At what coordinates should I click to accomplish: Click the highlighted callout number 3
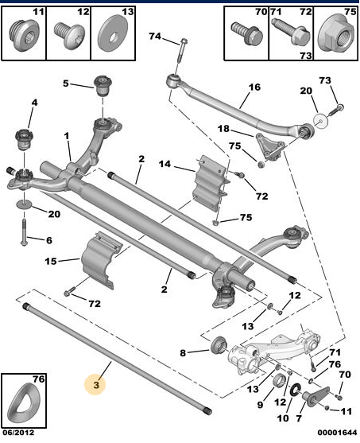96,384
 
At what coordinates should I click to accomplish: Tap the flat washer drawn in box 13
113,35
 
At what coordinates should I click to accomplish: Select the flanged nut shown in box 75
335,35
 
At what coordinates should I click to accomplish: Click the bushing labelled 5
103,85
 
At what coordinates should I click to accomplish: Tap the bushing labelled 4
24,139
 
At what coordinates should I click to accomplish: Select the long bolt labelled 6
24,231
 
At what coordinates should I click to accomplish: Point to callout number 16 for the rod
254,87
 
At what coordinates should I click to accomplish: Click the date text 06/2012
18,433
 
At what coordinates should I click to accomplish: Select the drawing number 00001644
337,433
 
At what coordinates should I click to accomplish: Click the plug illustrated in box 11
23,35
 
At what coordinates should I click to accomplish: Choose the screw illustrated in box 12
69,36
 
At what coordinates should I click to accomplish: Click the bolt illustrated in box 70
247,33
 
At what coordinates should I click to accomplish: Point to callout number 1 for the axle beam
66,136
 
